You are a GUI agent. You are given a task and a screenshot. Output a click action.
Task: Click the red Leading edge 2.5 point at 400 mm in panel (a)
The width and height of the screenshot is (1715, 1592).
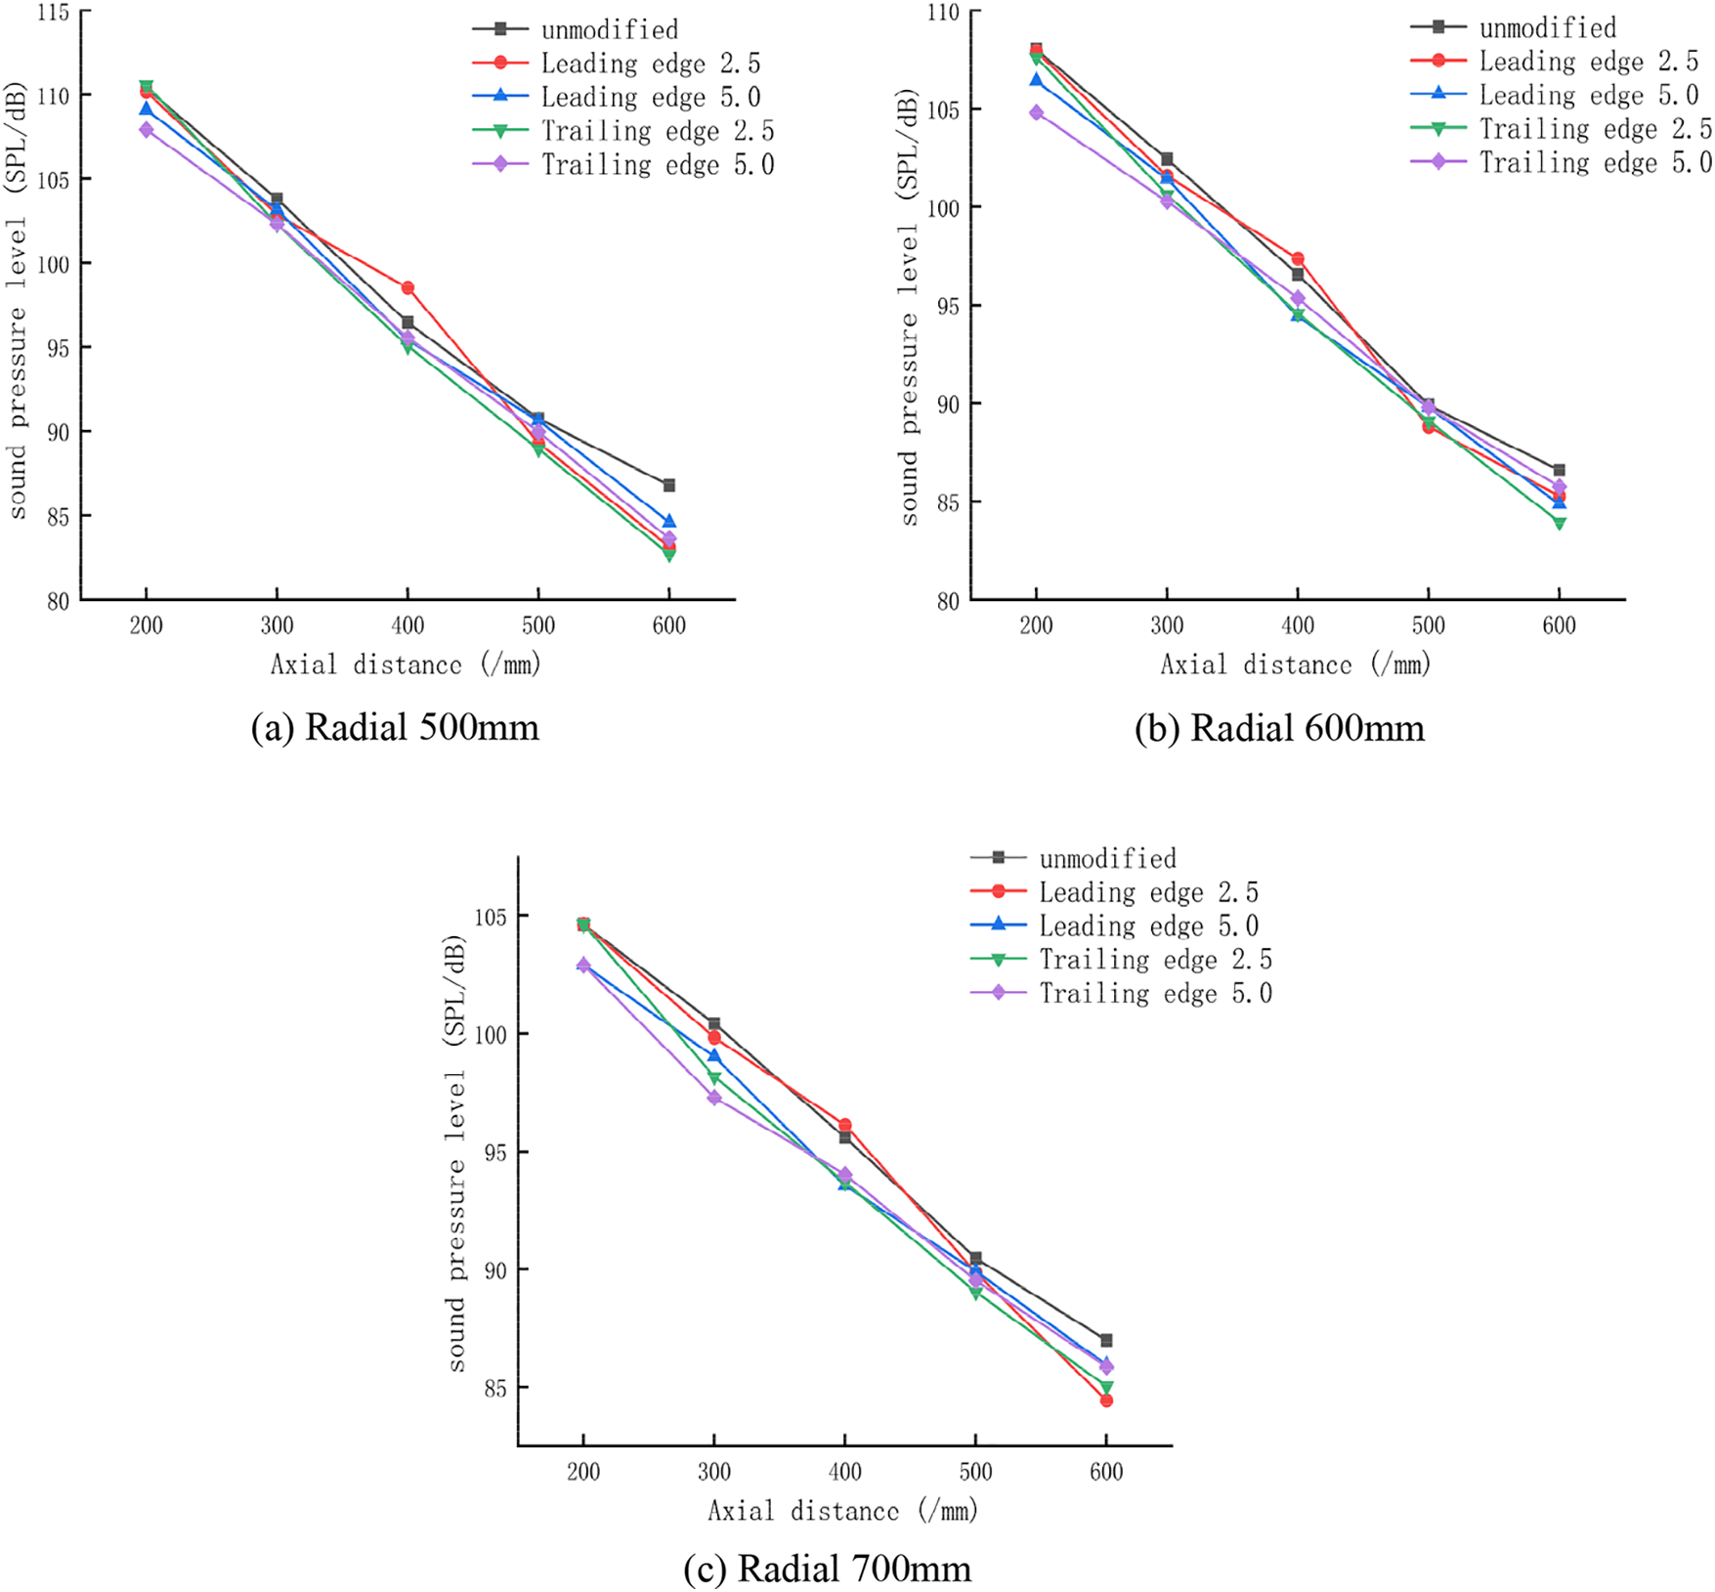point(407,288)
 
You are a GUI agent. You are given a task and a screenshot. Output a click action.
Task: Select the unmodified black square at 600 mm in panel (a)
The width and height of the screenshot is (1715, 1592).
point(669,486)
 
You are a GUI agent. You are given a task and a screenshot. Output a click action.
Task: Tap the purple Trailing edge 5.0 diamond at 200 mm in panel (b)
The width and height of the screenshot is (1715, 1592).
point(1036,113)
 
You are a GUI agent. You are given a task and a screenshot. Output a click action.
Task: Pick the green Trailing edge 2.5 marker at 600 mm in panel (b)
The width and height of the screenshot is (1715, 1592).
point(1560,523)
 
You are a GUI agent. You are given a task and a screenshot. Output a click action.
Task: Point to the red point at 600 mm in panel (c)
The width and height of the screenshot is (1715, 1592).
point(1106,1400)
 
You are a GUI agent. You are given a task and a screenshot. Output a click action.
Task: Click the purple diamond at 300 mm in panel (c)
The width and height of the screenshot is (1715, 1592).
point(714,1098)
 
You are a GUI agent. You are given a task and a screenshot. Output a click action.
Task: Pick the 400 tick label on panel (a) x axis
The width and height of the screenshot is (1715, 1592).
point(407,626)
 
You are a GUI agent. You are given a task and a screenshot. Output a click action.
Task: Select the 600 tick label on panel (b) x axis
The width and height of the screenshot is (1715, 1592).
point(1559,626)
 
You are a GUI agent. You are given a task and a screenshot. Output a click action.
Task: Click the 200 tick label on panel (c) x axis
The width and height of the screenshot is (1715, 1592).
point(583,1472)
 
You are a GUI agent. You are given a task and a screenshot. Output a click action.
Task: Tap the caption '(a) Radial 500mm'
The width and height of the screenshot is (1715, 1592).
point(395,728)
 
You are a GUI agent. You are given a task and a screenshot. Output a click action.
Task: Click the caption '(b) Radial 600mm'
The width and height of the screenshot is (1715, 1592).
point(1279,728)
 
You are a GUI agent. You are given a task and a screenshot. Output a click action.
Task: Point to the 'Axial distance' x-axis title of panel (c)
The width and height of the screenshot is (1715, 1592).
point(842,1511)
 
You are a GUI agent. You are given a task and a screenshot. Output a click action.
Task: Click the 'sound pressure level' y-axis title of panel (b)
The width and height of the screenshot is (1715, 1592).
point(909,308)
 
